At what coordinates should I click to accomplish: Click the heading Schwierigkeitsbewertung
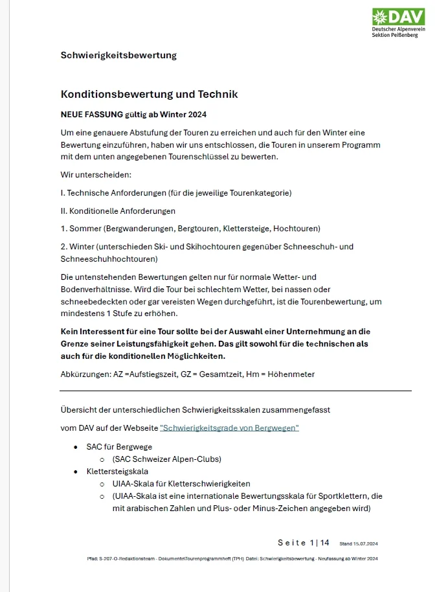pos(118,55)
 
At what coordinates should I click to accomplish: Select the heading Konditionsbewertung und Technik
pos(149,95)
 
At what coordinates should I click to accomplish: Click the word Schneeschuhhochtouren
pos(109,259)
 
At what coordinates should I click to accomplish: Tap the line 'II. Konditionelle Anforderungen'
pos(117,211)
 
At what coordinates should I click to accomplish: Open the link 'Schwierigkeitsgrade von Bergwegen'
pos(229,428)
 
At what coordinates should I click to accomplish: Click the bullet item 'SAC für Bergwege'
pos(119,447)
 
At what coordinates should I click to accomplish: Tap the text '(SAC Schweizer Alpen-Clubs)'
pos(166,459)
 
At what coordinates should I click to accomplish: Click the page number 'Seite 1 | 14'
pos(304,543)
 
